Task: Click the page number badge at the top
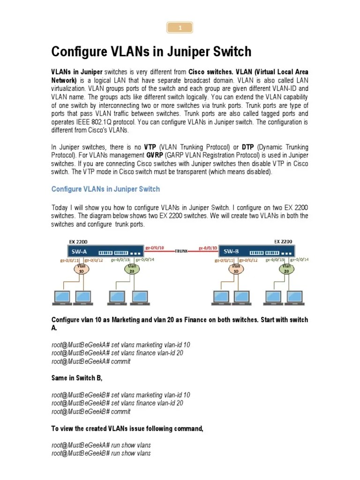(180, 28)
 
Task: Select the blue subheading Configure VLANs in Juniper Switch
(105, 189)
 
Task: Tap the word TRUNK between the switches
(181, 251)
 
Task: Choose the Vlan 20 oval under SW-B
(285, 269)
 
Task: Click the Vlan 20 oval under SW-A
(133, 269)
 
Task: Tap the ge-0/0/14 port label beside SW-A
(144, 259)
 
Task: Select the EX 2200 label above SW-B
(283, 241)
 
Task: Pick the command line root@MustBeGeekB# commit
(91, 412)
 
